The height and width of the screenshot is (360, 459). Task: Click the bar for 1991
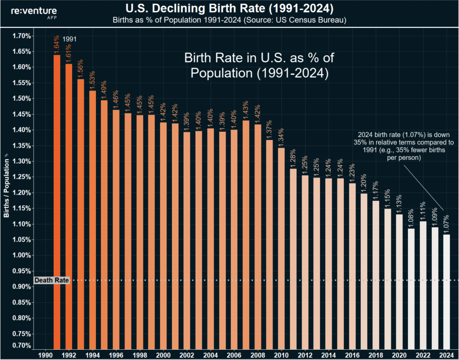[x=57, y=202]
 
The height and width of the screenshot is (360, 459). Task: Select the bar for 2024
[x=446, y=291]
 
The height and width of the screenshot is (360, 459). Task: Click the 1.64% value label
[x=57, y=45]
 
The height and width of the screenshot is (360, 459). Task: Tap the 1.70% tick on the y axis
[x=21, y=36]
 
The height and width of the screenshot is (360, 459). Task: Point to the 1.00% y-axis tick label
[x=21, y=256]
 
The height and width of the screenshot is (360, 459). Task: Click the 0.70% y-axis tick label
[x=21, y=346]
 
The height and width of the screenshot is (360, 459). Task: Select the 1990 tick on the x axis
[x=45, y=354]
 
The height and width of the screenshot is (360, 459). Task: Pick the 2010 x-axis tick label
[x=281, y=354]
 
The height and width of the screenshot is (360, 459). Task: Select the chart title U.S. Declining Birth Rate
[x=229, y=9]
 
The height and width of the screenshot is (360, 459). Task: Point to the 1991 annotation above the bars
[x=69, y=39]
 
